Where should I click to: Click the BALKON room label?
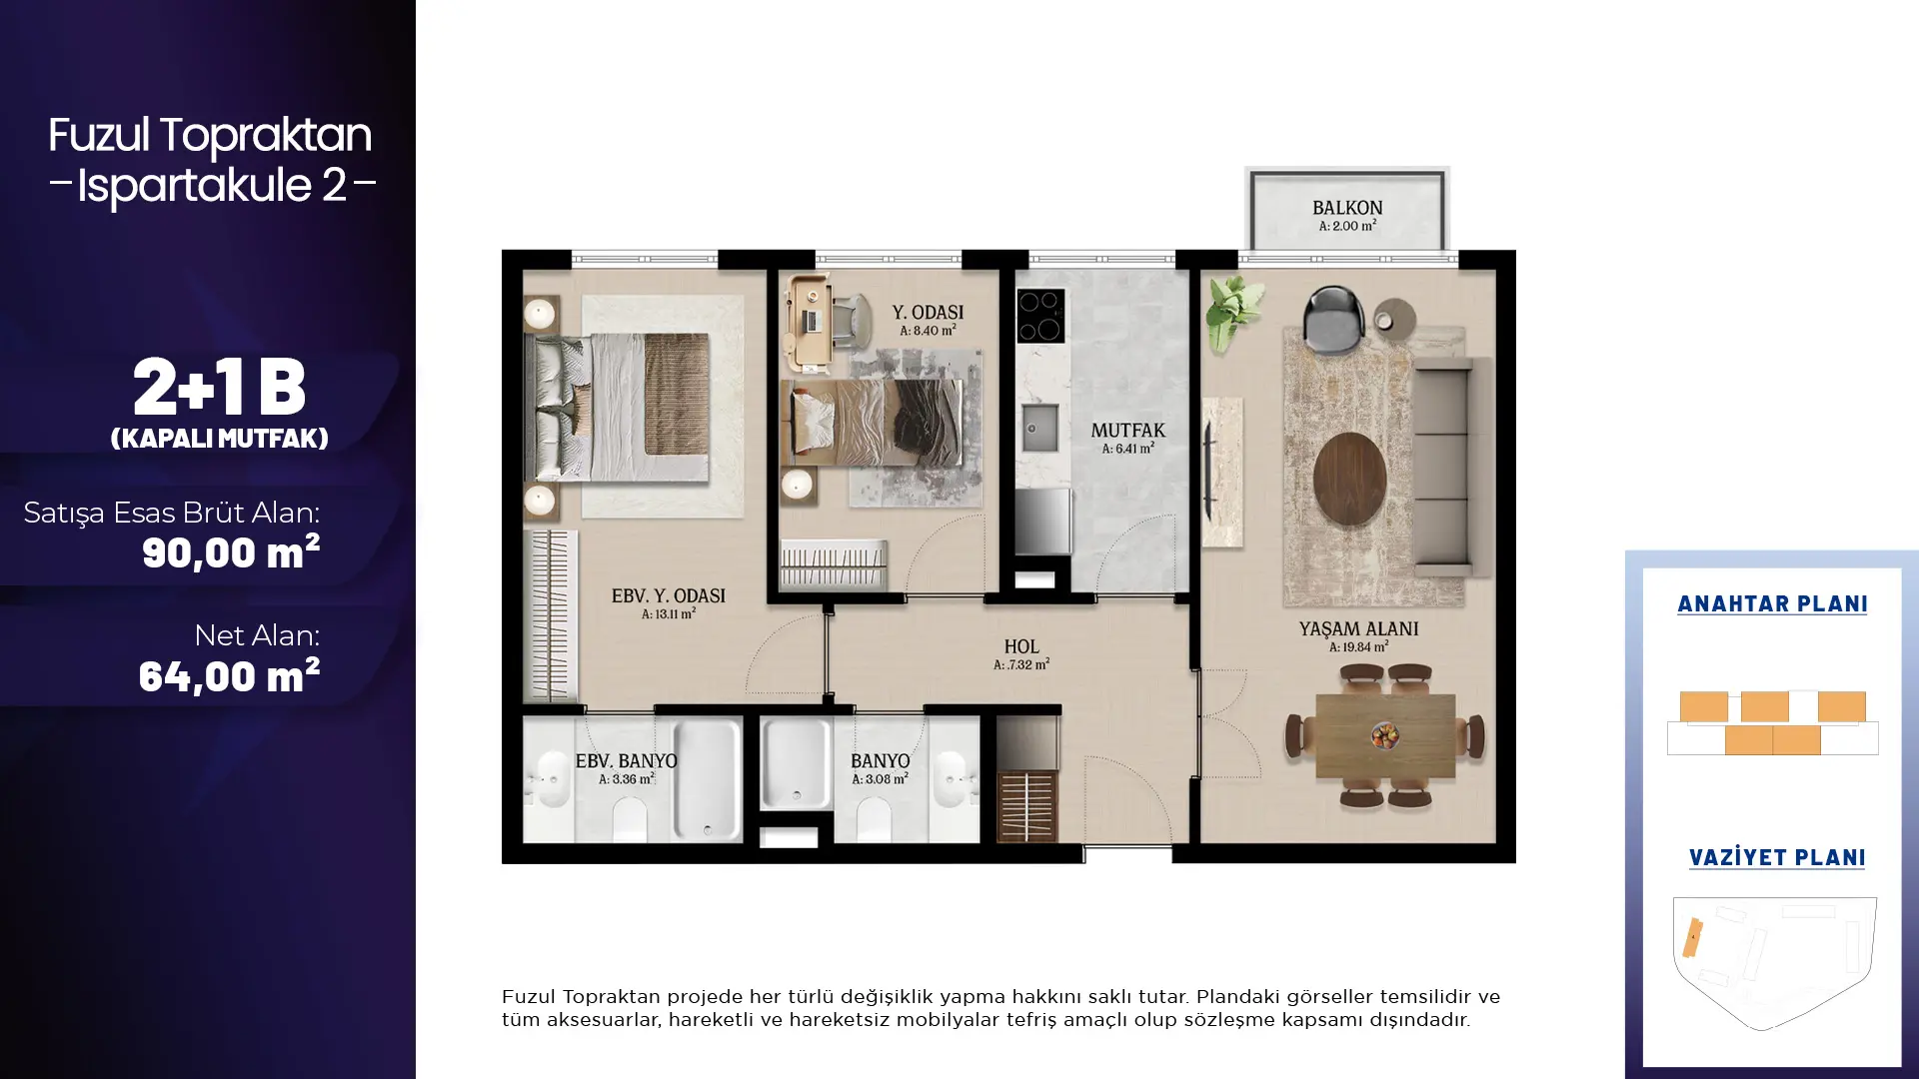click(1347, 208)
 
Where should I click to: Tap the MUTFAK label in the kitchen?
click(1127, 431)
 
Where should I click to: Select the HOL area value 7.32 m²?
click(1021, 664)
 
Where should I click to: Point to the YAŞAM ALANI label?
click(1358, 628)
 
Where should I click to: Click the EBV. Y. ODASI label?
click(668, 596)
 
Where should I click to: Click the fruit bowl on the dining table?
click(1384, 736)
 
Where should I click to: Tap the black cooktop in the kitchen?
click(1040, 316)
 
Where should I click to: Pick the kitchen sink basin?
click(1038, 430)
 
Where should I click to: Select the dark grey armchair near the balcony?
click(1333, 318)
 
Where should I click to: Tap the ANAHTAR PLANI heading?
click(1772, 603)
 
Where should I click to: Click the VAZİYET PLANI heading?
click(1777, 857)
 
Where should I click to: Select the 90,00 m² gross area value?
click(231, 551)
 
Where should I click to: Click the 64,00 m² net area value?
click(229, 675)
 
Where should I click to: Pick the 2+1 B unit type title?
click(219, 387)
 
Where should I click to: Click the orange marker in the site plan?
click(1692, 938)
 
